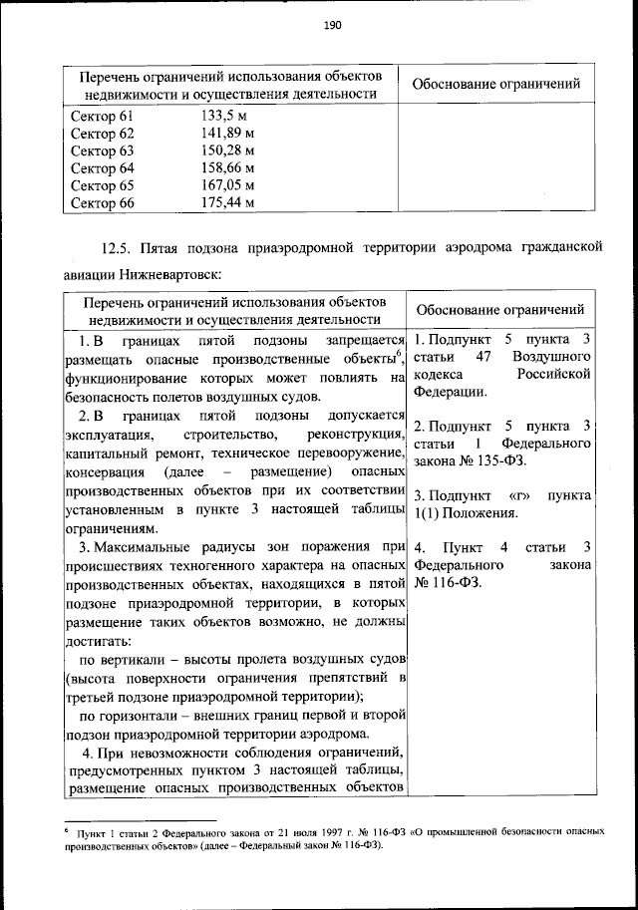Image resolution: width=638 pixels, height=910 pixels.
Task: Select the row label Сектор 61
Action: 102,117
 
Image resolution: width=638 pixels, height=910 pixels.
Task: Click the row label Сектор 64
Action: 102,167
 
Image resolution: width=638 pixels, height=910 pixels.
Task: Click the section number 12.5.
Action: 117,246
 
